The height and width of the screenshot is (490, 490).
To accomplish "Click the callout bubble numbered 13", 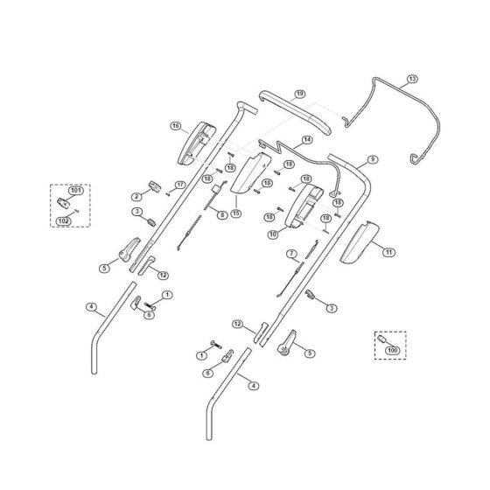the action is (x=412, y=79).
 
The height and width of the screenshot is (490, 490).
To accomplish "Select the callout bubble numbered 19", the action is (x=299, y=94).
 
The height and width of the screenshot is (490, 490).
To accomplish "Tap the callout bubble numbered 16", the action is (x=176, y=126).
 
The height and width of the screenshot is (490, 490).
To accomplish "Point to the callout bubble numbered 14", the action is (x=307, y=140).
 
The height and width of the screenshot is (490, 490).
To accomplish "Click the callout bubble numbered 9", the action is (x=372, y=159).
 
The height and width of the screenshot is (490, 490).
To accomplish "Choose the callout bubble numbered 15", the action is (x=236, y=213).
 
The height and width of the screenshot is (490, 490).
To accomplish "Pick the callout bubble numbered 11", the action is (x=389, y=252).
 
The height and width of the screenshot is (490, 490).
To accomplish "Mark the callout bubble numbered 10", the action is (x=273, y=234).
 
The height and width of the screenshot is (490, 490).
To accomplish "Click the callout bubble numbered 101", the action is (x=76, y=191).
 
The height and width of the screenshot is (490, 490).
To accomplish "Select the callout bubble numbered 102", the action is (x=63, y=221).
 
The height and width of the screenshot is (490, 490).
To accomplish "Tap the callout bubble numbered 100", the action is (x=393, y=350).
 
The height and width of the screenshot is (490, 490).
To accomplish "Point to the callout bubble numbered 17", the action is (x=180, y=185).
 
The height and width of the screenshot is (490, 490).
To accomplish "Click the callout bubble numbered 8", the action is (x=222, y=215).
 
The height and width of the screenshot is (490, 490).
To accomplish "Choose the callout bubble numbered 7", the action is (x=292, y=254).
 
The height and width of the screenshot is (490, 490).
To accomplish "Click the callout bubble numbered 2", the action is (x=136, y=197).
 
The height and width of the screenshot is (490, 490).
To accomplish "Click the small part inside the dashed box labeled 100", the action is (x=381, y=339).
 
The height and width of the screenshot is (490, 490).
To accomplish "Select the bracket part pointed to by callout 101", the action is (x=63, y=203).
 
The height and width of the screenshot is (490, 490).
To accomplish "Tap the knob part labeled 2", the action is (x=155, y=186).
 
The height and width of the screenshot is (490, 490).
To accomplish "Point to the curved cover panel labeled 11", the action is (x=360, y=242).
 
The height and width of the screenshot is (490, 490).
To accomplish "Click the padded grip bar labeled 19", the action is (x=296, y=112).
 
